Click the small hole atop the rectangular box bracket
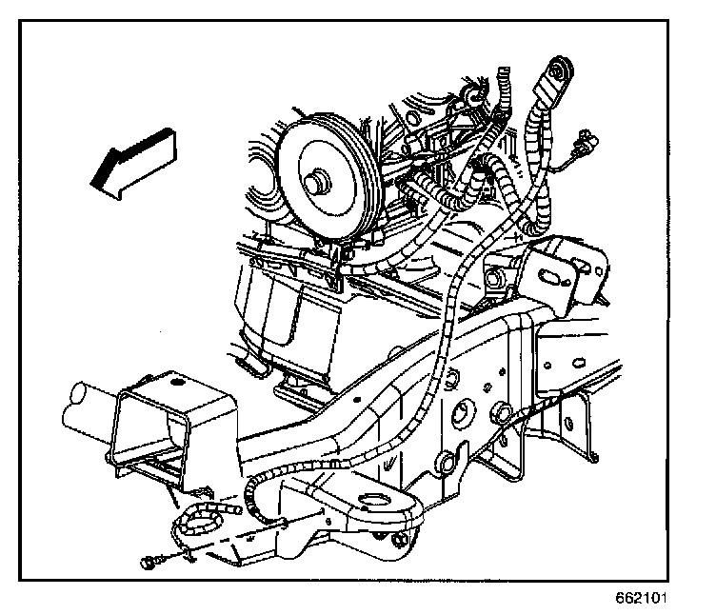[x=176, y=385]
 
